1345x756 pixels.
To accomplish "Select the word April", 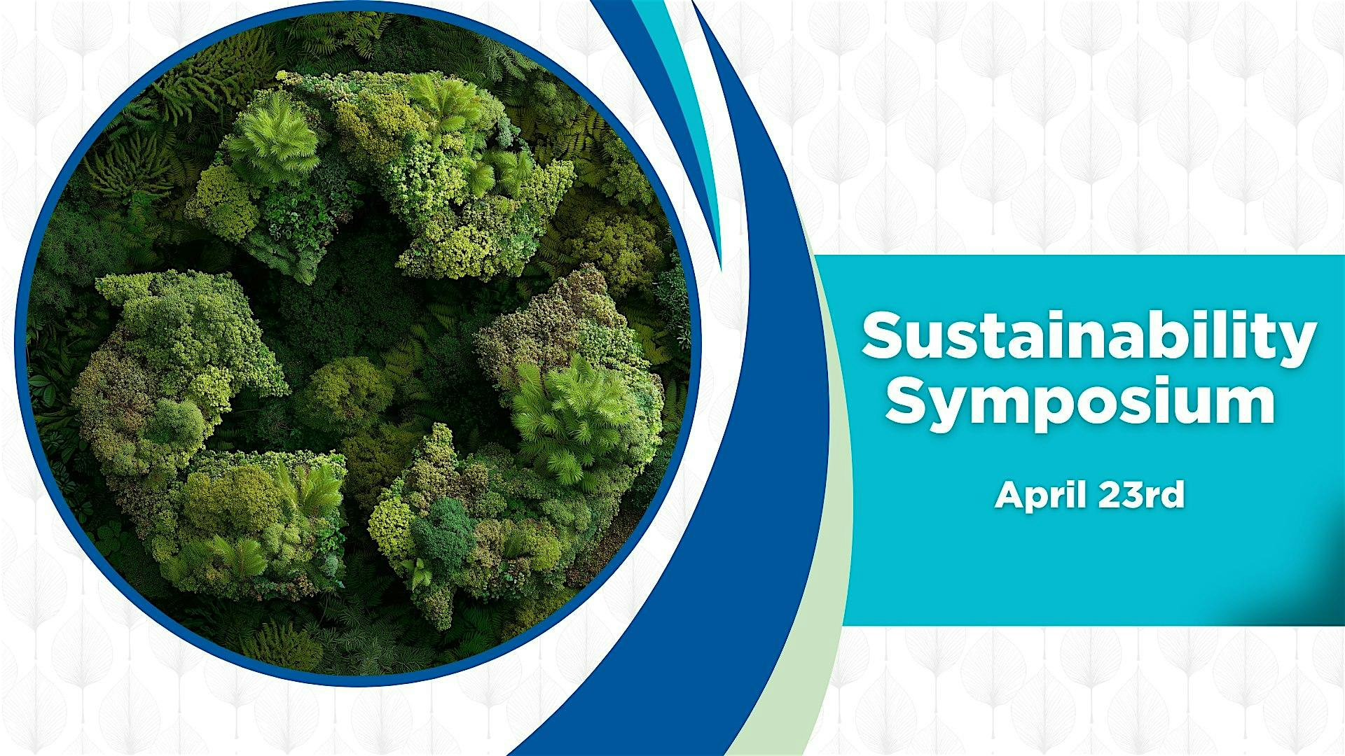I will point(1040,496).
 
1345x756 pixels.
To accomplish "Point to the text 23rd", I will point(1141,495).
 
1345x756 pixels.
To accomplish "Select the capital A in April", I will point(1009,494).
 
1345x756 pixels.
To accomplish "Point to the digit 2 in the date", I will point(1110,495).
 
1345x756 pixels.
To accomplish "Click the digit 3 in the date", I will point(1133,495).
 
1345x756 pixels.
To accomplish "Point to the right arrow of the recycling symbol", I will point(546,434).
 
